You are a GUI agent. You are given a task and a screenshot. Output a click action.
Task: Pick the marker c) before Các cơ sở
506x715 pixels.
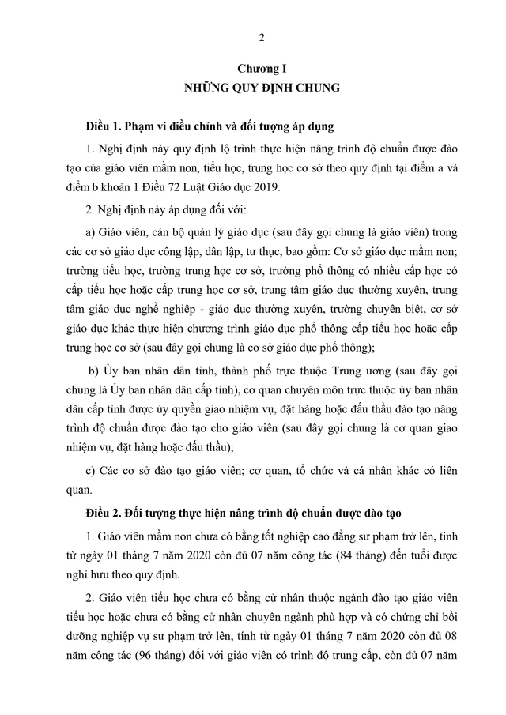[89, 471]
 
